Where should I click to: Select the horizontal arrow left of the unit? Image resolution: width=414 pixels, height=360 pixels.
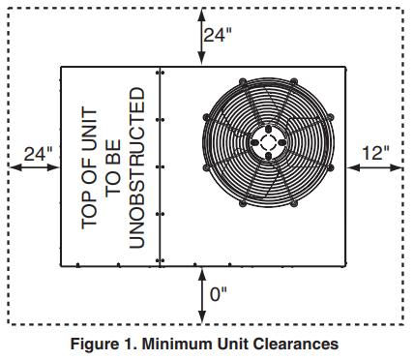click(x=35, y=166)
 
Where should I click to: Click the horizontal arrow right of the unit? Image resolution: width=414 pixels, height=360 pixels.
click(x=373, y=166)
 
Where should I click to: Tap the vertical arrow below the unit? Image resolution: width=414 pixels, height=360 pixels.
click(x=201, y=294)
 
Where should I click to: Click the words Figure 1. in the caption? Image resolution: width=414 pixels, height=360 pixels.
click(x=112, y=343)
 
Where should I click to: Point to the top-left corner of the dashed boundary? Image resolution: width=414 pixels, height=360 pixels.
click(x=9, y=9)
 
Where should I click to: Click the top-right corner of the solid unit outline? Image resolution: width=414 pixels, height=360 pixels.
click(x=346, y=68)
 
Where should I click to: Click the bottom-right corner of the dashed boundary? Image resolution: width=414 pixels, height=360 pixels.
click(x=401, y=324)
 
